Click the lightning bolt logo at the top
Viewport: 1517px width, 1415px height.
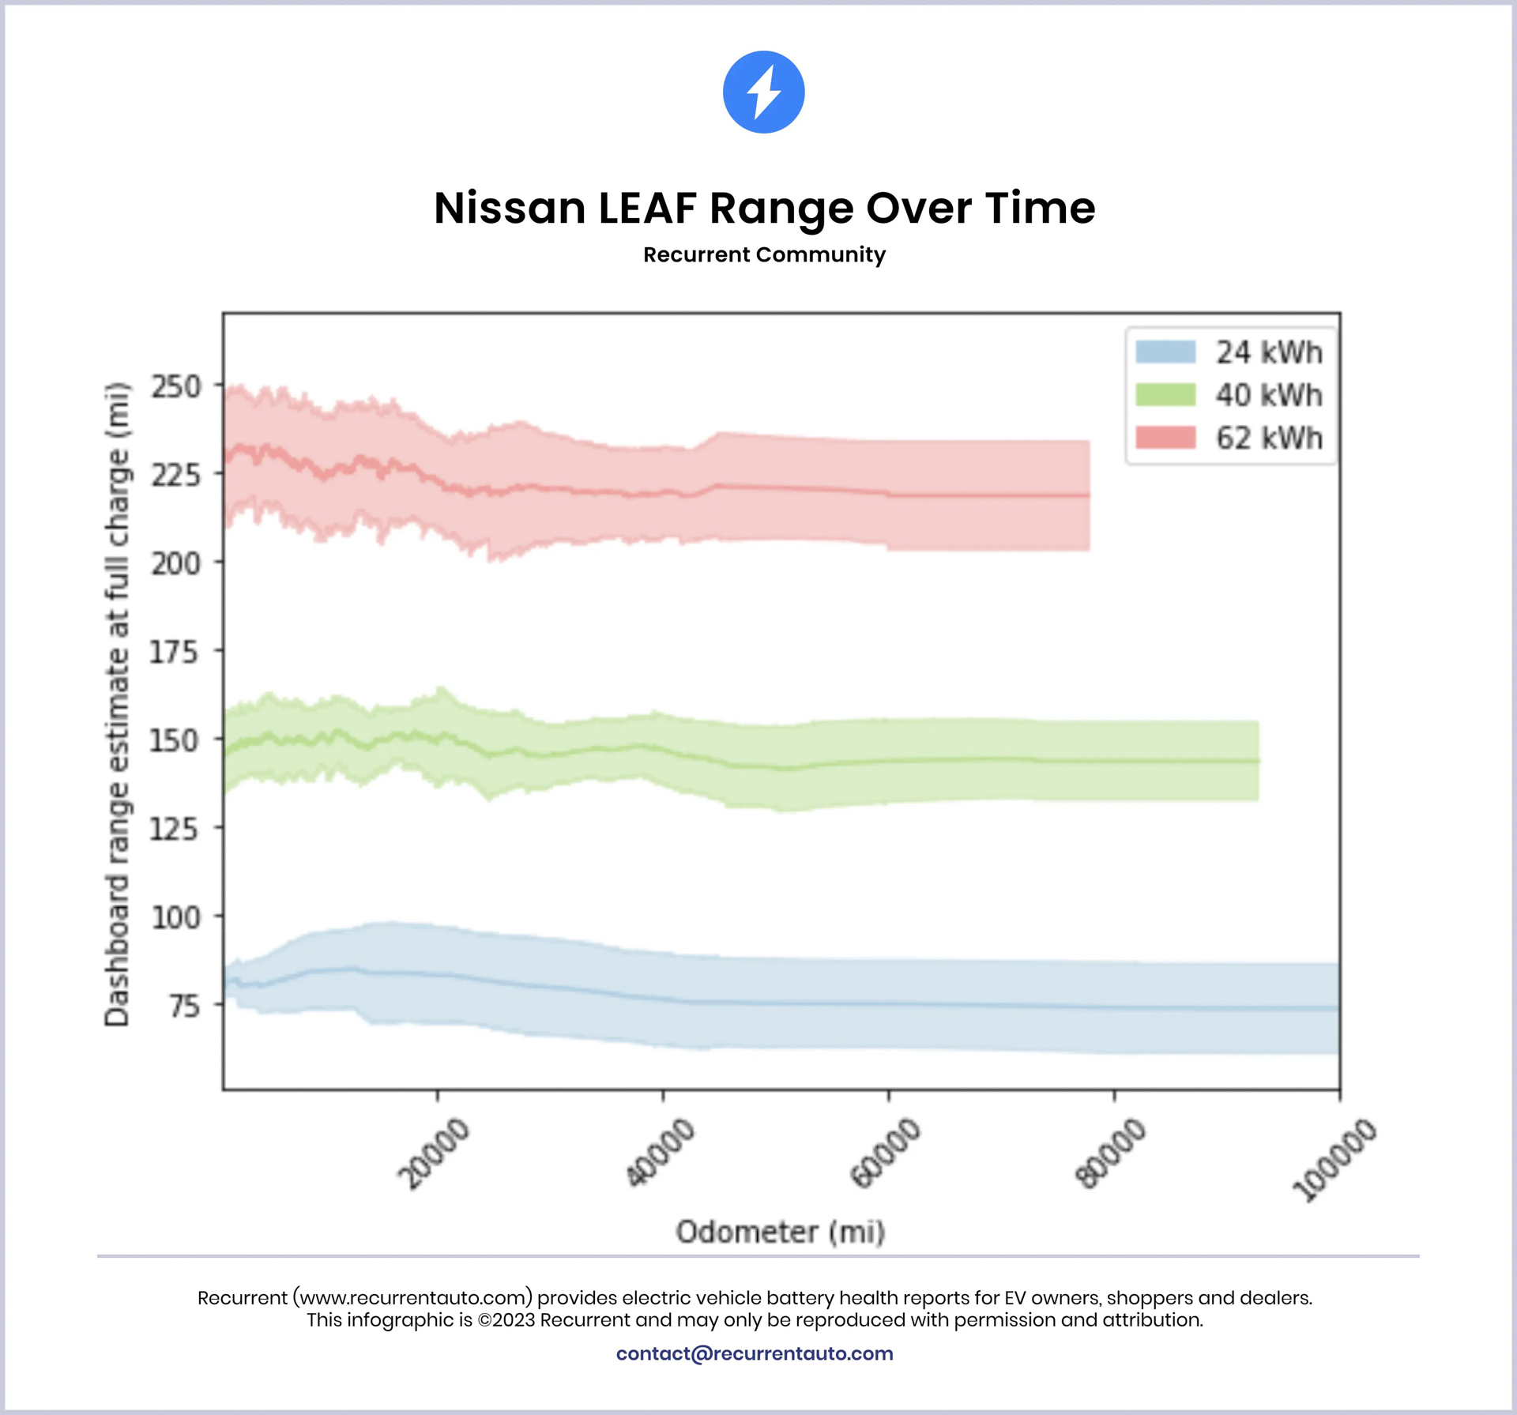(x=763, y=92)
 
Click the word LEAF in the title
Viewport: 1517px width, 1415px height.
(x=646, y=208)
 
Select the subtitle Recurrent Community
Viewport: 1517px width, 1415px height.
(x=764, y=254)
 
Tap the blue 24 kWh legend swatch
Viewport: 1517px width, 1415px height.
(x=1165, y=352)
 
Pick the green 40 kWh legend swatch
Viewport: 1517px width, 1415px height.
(x=1165, y=394)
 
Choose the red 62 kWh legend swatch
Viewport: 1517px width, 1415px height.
(x=1165, y=438)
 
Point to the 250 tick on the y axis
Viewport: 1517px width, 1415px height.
(x=176, y=387)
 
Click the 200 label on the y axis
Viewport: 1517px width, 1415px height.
(x=176, y=564)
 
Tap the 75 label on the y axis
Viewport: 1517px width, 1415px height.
(x=185, y=1007)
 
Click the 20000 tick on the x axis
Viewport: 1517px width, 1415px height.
(x=434, y=1153)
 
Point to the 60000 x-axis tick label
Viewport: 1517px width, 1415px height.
(x=885, y=1153)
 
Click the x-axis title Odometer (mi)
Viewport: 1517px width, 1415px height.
(x=781, y=1232)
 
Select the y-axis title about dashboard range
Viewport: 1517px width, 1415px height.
(x=117, y=704)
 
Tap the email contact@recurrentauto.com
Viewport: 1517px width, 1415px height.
(x=755, y=1353)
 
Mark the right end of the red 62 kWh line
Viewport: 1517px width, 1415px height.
(x=1089, y=495)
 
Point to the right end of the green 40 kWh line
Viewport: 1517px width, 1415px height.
(x=1258, y=761)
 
